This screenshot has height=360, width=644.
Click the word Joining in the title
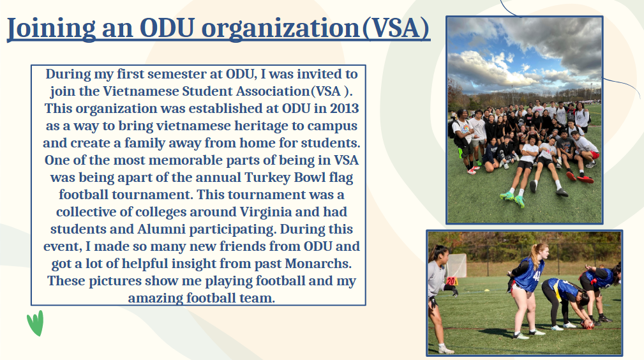51,28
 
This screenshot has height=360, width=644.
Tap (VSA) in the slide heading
396,28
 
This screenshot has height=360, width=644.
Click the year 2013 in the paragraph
344,108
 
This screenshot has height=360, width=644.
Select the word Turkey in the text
267,177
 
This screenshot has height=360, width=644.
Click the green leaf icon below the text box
35,323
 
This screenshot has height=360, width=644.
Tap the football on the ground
587,325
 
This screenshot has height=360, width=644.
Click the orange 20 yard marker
452,281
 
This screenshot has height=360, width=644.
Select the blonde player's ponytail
535,255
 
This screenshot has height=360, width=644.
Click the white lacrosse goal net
457,265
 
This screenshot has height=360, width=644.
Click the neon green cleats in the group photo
513,199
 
